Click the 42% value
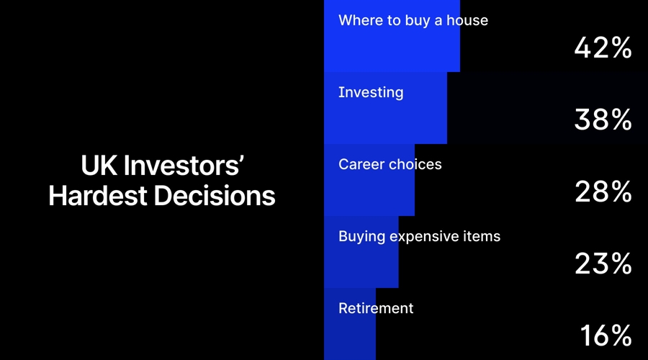603,48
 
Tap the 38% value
603,120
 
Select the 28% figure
603,192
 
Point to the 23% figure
603,264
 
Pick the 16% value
606,336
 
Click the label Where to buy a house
413,20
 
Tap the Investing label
371,93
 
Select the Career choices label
390,164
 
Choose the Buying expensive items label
419,236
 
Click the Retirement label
376,308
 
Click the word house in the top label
467,20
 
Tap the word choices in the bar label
415,164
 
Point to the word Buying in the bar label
361,236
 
